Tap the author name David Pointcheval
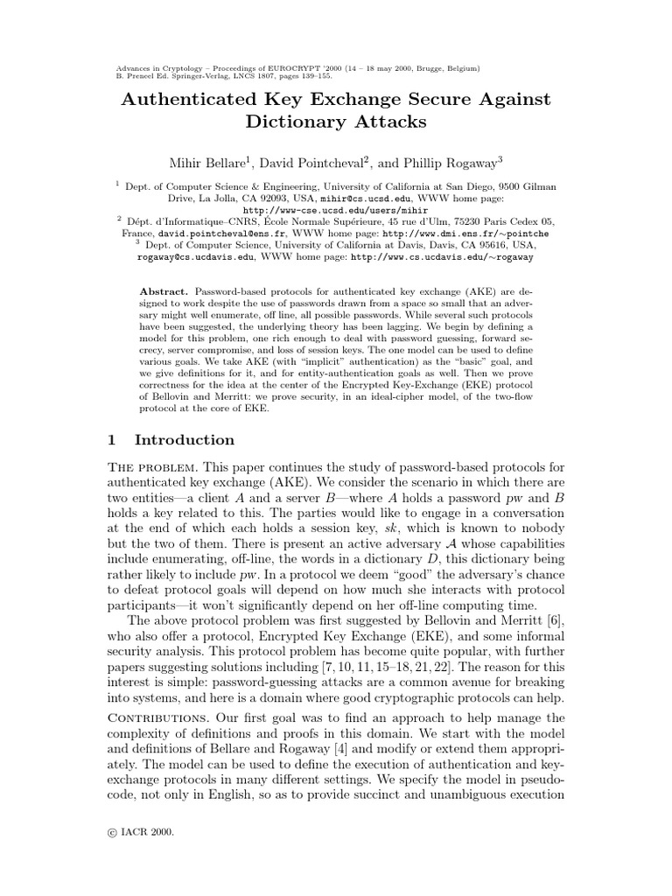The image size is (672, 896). pos(315,162)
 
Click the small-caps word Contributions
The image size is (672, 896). pos(161,718)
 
